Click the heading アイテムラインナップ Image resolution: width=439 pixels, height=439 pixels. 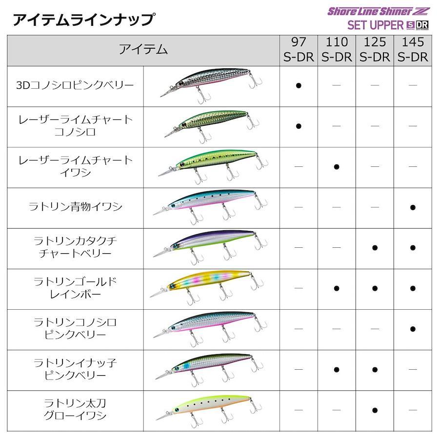click(x=84, y=20)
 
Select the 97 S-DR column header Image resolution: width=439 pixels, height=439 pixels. click(x=299, y=50)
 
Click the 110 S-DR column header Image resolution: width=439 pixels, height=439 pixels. click(x=337, y=50)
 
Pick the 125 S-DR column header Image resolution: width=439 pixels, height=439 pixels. click(x=375, y=50)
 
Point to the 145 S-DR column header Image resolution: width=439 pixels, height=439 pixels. click(x=413, y=50)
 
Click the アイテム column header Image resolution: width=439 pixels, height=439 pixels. click(x=143, y=50)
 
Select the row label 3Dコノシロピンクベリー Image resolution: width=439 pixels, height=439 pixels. click(x=75, y=85)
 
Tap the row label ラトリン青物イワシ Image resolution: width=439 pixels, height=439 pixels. click(x=75, y=207)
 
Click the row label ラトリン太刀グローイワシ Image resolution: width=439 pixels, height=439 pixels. click(x=75, y=410)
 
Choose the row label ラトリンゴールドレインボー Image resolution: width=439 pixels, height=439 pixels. click(x=75, y=288)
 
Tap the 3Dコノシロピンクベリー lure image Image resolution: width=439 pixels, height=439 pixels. click(x=211, y=83)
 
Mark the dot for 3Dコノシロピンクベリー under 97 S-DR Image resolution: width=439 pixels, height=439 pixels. click(x=299, y=85)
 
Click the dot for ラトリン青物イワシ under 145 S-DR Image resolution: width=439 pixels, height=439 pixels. click(x=413, y=207)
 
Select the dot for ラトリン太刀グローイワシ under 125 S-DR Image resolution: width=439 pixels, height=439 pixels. click(x=375, y=410)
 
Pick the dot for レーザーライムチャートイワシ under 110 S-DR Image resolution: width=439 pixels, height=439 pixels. click(x=337, y=167)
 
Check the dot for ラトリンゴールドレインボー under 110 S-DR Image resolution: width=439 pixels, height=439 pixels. click(x=337, y=288)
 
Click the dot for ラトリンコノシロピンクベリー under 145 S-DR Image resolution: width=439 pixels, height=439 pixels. click(x=413, y=329)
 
